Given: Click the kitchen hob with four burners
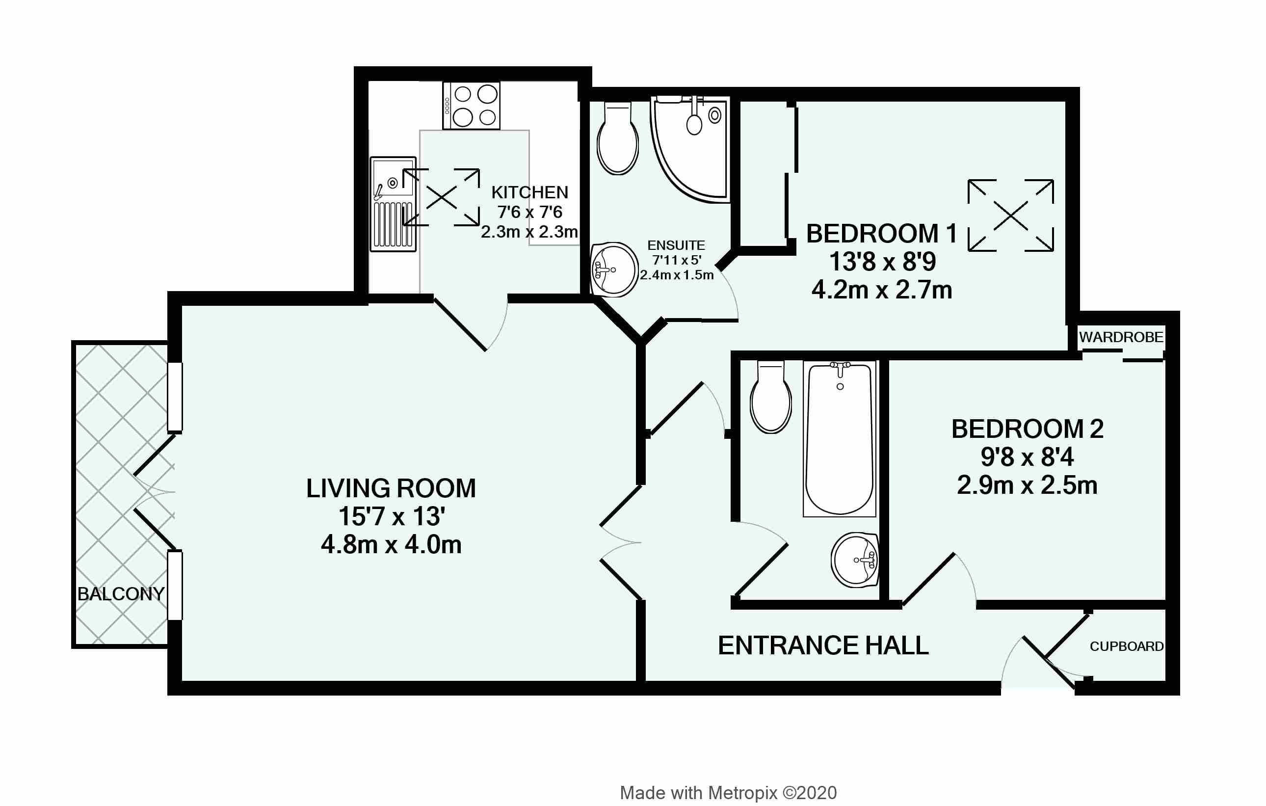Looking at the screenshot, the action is point(471,106).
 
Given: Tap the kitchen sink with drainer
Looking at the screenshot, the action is point(393,204).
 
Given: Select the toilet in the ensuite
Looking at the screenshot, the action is point(618,138).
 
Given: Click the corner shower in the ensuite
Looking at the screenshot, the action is point(690,149).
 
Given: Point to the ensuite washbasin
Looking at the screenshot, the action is point(613,269).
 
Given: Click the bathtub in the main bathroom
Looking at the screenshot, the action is point(840,438).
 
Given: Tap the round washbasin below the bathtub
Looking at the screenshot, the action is point(855,560).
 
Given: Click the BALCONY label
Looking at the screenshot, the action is point(121,594).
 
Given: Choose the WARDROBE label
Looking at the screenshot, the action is point(1121,337).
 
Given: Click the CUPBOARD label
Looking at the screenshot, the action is point(1127,646).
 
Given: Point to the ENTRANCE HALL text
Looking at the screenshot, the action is point(823,645).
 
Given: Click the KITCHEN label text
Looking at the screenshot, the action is point(530,192).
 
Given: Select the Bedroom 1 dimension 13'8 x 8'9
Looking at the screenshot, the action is point(883,262).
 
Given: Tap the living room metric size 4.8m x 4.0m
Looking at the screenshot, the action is point(392,545).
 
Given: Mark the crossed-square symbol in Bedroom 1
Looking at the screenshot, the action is point(1011,215).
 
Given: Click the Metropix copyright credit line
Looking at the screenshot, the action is point(729,793).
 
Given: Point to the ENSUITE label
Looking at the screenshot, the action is point(676,245).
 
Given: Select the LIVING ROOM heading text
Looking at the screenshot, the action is point(391,488).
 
